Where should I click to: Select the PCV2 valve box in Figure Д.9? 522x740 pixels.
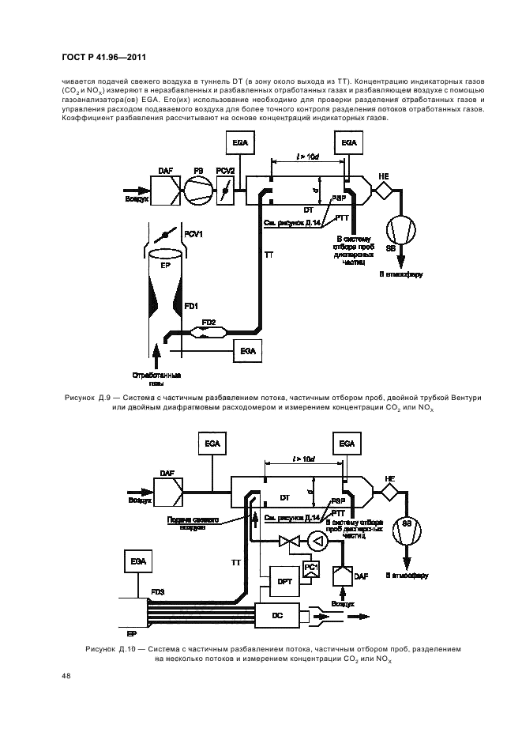(x=230, y=190)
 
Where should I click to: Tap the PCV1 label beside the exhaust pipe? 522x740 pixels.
(x=194, y=234)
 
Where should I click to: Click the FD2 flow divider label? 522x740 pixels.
(x=208, y=322)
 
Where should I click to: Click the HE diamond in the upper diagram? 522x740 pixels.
(x=385, y=191)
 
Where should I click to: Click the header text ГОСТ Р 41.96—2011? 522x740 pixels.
(x=102, y=56)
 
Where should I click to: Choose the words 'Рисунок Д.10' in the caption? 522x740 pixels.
(x=110, y=648)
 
